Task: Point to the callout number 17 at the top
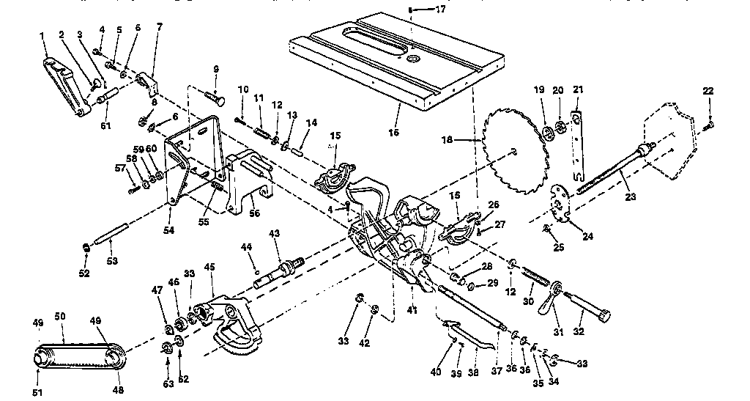pyautogui.click(x=440, y=10)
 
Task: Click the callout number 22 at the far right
pyautogui.click(x=708, y=90)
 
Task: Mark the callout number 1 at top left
pyautogui.click(x=42, y=35)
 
